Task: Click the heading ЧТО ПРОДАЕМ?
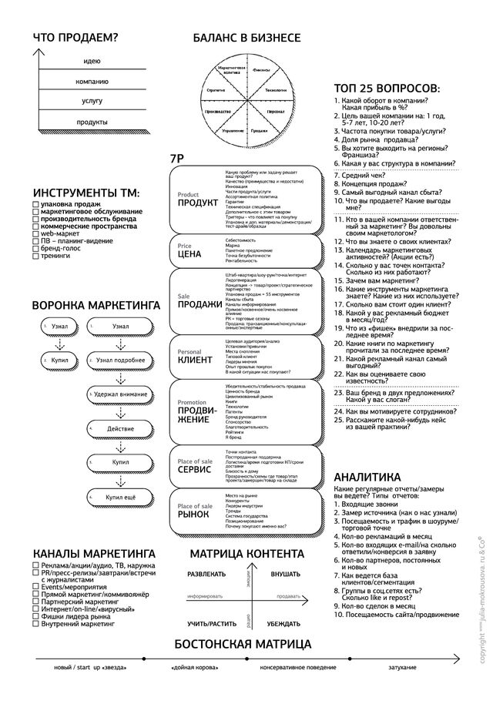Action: point(75,38)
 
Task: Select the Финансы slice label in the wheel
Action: point(260,69)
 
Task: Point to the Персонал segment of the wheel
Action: point(275,112)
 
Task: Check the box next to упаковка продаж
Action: point(36,204)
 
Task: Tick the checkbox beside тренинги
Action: point(36,256)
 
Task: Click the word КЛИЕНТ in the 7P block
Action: point(195,360)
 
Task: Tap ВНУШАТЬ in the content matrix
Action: point(285,575)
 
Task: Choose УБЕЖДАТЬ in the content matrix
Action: point(285,623)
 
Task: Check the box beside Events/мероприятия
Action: point(36,586)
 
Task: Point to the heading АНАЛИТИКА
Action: point(367,477)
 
